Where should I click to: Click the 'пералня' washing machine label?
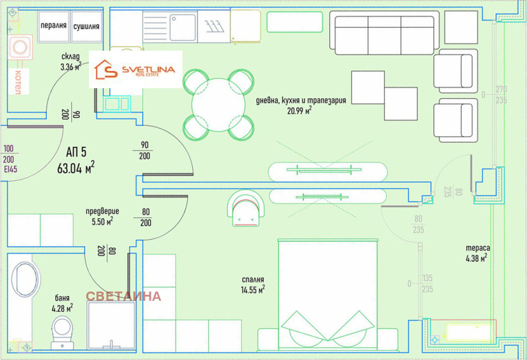pos(53,26)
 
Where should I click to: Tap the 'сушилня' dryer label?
pos(86,26)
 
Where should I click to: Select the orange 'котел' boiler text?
pos(18,82)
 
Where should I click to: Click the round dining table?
pos(219,105)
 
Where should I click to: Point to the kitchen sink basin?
pos(183,27)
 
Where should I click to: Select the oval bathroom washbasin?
pos(24,280)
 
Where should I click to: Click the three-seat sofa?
pos(385,32)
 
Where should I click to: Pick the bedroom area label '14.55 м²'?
pos(253,290)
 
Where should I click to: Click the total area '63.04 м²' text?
pos(76,168)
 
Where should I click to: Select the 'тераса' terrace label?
pos(478,248)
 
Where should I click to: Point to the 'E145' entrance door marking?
pos(11,169)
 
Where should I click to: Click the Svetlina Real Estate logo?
pos(136,70)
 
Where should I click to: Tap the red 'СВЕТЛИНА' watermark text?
pos(123,296)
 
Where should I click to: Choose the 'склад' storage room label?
pos(70,56)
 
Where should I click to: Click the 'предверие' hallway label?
pos(102,211)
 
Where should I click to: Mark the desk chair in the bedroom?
pos(246,209)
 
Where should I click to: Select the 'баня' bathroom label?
pos(62,298)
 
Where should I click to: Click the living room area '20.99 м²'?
pos(299,111)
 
